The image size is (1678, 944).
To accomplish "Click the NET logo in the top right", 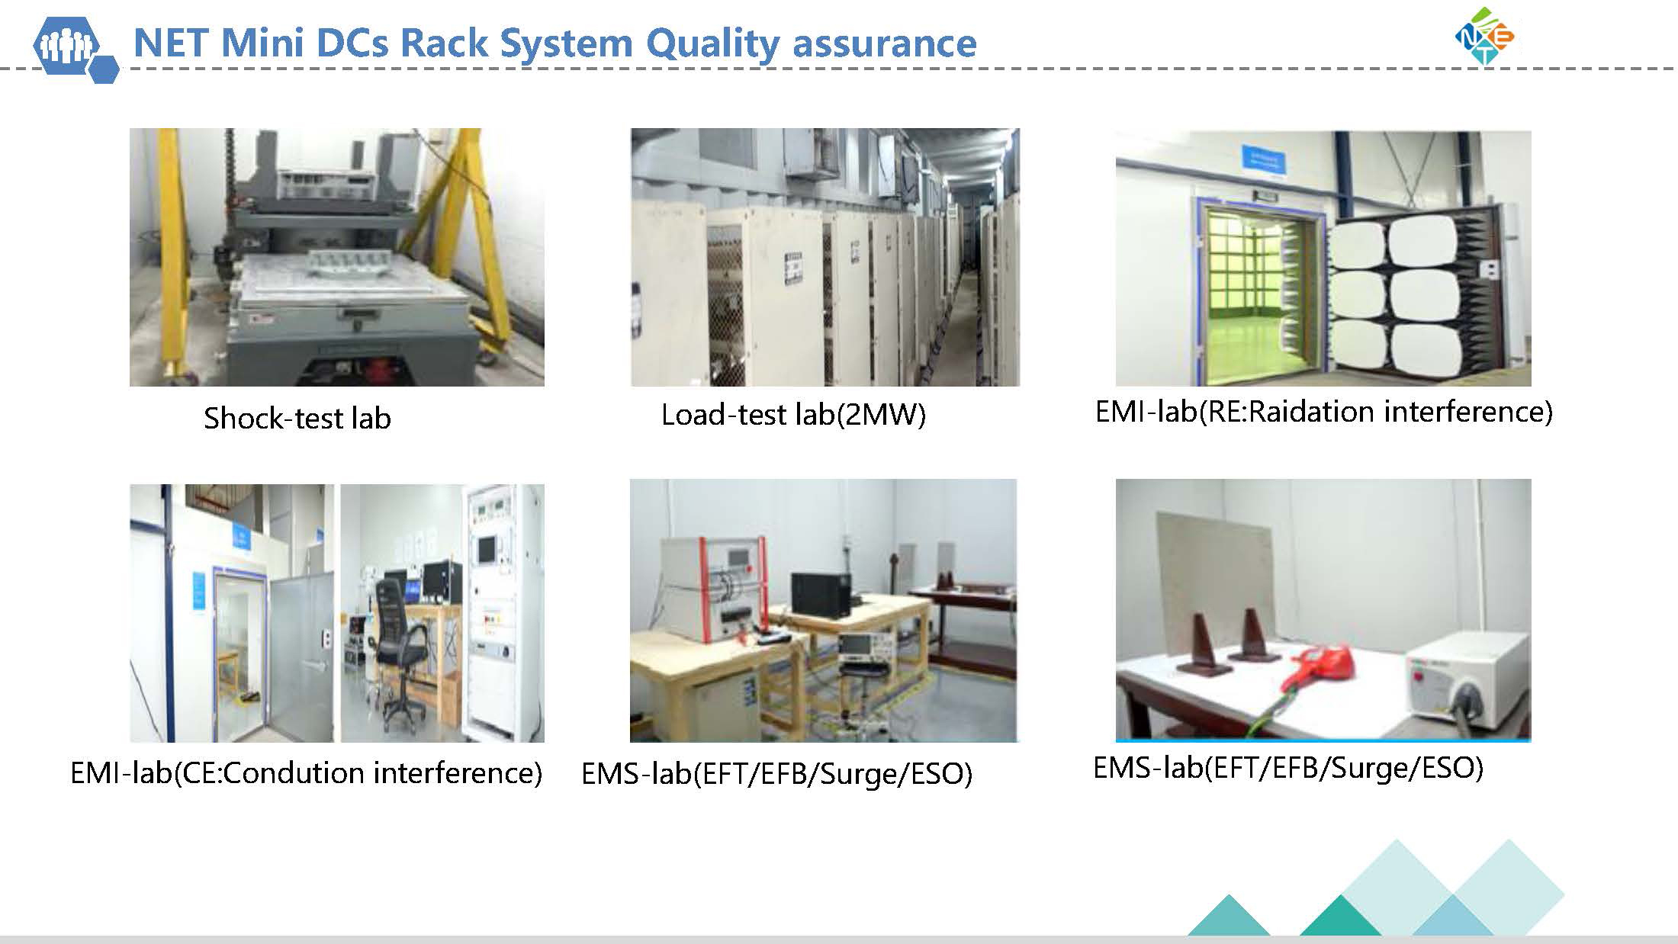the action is [x=1484, y=36].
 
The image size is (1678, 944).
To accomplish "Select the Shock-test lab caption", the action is [x=297, y=418].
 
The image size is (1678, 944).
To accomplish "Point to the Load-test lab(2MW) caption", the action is [x=793, y=415].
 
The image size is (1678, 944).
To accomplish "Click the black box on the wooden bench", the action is [x=821, y=594].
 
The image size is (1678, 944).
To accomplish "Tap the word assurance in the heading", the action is [x=885, y=44].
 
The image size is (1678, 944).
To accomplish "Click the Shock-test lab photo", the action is [x=337, y=257].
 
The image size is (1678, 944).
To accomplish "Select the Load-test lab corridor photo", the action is [x=825, y=257].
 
